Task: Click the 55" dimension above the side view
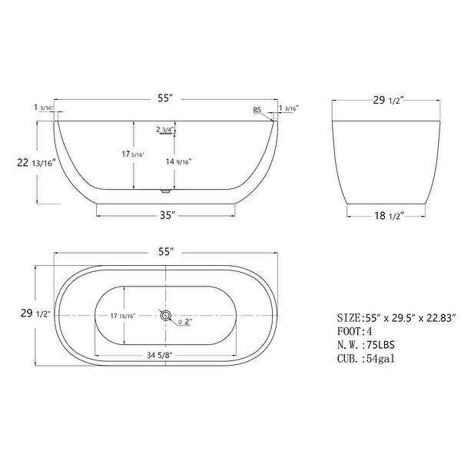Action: point(165,98)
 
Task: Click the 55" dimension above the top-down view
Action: point(165,252)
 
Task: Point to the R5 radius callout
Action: point(257,110)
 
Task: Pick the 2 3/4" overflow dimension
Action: point(164,128)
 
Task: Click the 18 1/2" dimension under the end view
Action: point(389,217)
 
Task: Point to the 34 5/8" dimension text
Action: point(164,354)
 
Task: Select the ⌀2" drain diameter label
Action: point(184,322)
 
